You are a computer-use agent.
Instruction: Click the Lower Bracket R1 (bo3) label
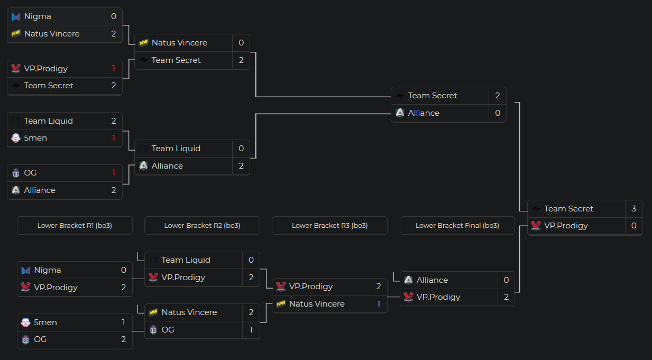[x=75, y=226]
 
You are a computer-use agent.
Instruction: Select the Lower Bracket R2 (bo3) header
[x=202, y=226]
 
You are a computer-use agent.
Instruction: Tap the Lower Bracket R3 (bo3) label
[x=329, y=226]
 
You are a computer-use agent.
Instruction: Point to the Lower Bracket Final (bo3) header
[x=457, y=226]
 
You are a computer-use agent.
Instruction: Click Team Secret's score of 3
[x=633, y=209]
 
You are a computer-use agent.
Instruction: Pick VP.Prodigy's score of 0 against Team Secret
[x=633, y=226]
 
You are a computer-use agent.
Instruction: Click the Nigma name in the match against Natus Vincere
[x=38, y=16]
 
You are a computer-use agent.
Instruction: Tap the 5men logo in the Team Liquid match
[x=16, y=138]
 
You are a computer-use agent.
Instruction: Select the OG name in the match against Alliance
[x=30, y=173]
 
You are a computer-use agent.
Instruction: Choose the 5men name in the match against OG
[x=45, y=322]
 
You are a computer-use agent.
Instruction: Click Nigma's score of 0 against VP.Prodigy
[x=123, y=270]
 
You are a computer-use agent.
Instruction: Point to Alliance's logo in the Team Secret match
[x=400, y=113]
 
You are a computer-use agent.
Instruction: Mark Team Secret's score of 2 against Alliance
[x=498, y=96]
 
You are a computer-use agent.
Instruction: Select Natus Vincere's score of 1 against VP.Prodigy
[x=379, y=304]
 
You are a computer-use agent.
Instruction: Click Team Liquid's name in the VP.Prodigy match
[x=186, y=260]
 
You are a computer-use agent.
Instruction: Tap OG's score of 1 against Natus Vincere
[x=251, y=330]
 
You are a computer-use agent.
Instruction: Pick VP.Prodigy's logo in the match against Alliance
[x=408, y=297]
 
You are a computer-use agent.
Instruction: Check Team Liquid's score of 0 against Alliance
[x=241, y=149]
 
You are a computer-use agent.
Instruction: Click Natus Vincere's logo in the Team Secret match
[x=143, y=43]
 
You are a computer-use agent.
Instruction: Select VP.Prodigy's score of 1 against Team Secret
[x=114, y=69]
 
